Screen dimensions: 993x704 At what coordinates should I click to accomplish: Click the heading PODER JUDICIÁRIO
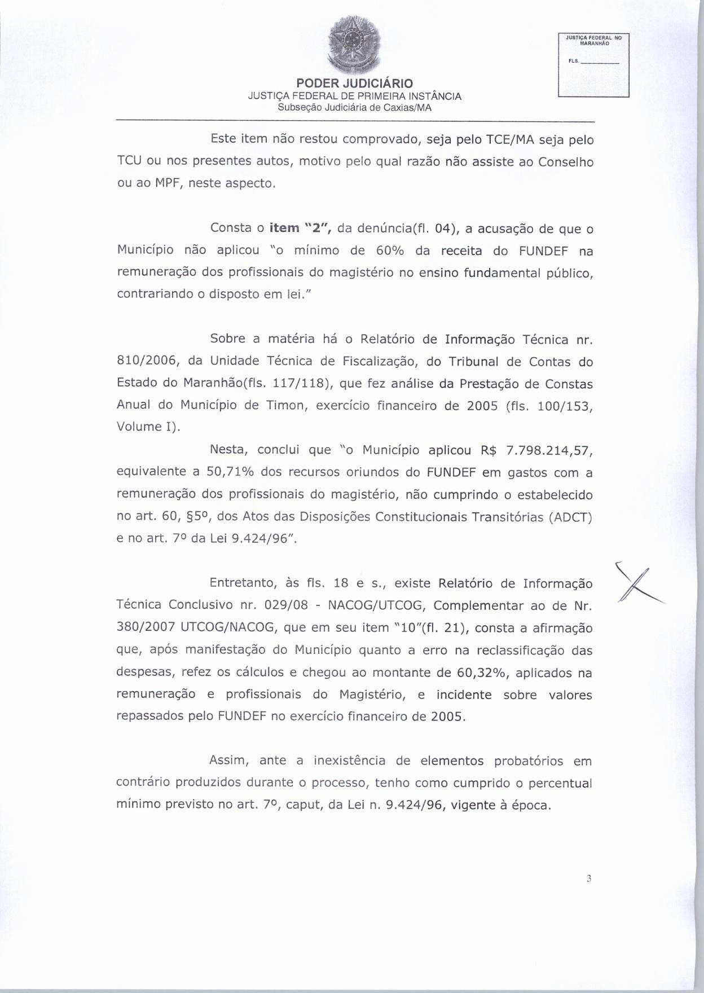pos(355,84)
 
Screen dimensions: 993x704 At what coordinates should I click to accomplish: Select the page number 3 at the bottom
pos(588,878)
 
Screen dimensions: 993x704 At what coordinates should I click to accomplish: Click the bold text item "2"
pos(300,228)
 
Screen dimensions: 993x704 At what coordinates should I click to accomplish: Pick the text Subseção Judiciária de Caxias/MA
pos(355,107)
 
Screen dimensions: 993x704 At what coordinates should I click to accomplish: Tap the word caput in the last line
pos(303,805)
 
